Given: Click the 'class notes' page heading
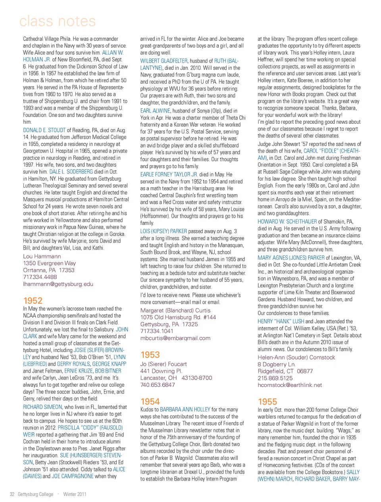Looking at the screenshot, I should pyautogui.click(x=58, y=21).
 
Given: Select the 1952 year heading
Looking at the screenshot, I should pyautogui.click(x=33, y=301).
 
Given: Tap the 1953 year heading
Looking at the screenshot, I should pyautogui.click(x=150, y=355).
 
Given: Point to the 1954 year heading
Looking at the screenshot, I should pyautogui.click(x=150, y=402).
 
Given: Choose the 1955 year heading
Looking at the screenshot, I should pyautogui.click(x=267, y=402).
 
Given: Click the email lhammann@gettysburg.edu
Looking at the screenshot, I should pyautogui.click(x=58, y=284).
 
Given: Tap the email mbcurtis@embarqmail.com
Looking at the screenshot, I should pyautogui.click(x=175, y=338).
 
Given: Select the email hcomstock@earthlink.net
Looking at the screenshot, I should pyautogui.click(x=290, y=385).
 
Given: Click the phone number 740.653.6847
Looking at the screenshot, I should pyautogui.click(x=158, y=385).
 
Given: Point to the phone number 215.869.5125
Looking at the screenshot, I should pyautogui.click(x=275, y=378).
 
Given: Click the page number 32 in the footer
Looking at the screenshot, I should pyautogui.click(x=12, y=494).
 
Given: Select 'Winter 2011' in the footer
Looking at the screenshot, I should pyautogui.click(x=75, y=494).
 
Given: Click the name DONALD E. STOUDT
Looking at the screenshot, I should pyautogui.click(x=44, y=130).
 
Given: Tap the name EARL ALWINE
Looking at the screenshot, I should pyautogui.click(x=155, y=111).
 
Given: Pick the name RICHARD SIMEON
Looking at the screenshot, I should pyautogui.click(x=42, y=407).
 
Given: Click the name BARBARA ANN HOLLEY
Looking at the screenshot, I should pyautogui.click(x=185, y=410).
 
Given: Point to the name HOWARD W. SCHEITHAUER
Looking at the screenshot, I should pyautogui.click(x=287, y=222).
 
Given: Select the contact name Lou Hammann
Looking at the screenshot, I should pyautogui.click(x=42, y=257).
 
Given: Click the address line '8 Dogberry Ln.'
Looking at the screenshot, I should pyautogui.click(x=277, y=364).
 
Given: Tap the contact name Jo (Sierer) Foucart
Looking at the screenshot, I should pyautogui.click(x=164, y=364).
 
